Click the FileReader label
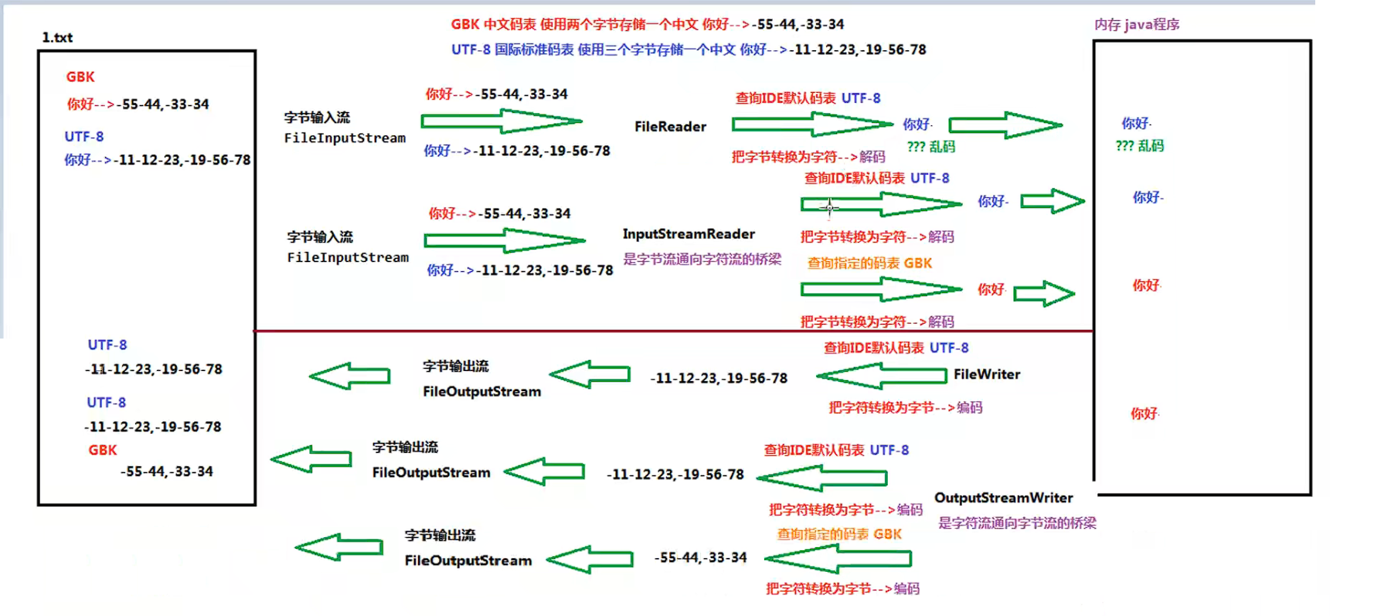pyautogui.click(x=670, y=127)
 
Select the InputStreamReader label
pyautogui.click(x=689, y=233)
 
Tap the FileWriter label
pyautogui.click(x=986, y=374)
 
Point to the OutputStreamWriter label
pyautogui.click(x=1003, y=498)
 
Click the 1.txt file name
pyautogui.click(x=57, y=37)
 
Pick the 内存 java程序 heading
pyautogui.click(x=1136, y=25)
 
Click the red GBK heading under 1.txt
pyautogui.click(x=80, y=77)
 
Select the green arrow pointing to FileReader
pyautogui.click(x=501, y=121)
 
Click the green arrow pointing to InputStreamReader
pyautogui.click(x=504, y=241)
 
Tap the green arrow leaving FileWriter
pyautogui.click(x=881, y=376)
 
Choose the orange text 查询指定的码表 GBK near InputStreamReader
pyautogui.click(x=869, y=263)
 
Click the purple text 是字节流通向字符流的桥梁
pyautogui.click(x=702, y=259)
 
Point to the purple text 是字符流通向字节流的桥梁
pyautogui.click(x=1017, y=523)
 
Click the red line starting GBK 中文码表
pyautogui.click(x=647, y=25)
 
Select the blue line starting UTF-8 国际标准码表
pyautogui.click(x=688, y=49)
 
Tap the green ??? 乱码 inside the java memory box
pyautogui.click(x=1139, y=146)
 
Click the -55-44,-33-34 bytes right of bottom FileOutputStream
pyautogui.click(x=700, y=557)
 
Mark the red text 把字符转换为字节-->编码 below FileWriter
pyautogui.click(x=905, y=407)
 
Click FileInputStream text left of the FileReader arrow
pyautogui.click(x=345, y=138)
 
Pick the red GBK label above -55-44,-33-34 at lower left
pyautogui.click(x=102, y=450)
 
